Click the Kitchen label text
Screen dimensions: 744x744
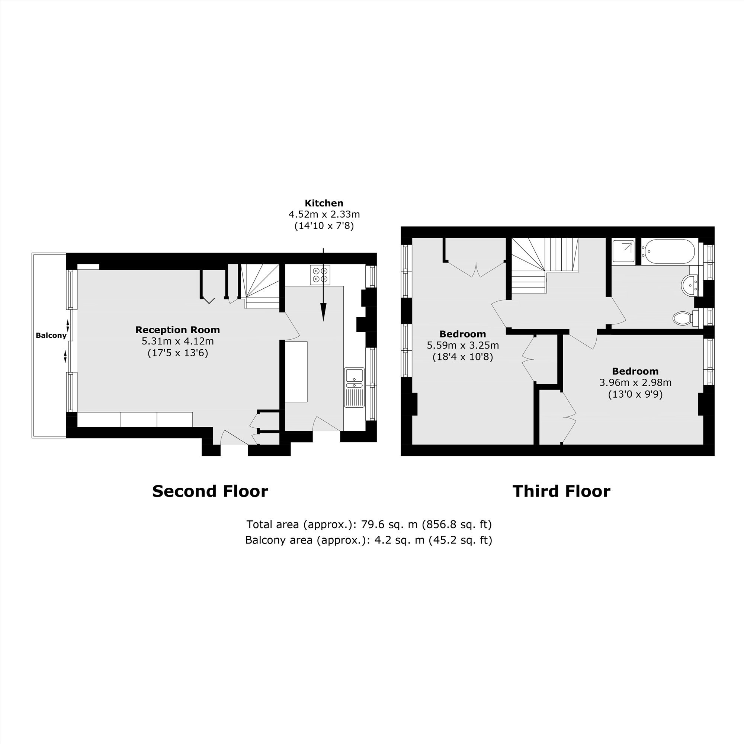coord(324,203)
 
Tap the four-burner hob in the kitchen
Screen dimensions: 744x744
coord(320,275)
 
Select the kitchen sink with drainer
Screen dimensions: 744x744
coord(354,387)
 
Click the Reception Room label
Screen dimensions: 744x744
coord(177,330)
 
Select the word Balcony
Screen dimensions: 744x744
coord(51,336)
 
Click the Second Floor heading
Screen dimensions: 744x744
coord(210,491)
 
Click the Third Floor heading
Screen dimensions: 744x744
coord(561,491)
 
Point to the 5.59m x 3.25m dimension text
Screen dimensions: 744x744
coord(463,346)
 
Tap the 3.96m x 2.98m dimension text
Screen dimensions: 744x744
coord(635,383)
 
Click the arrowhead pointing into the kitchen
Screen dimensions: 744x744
coord(324,312)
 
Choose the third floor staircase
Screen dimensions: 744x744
coord(545,265)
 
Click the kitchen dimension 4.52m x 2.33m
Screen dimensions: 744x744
coord(324,214)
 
